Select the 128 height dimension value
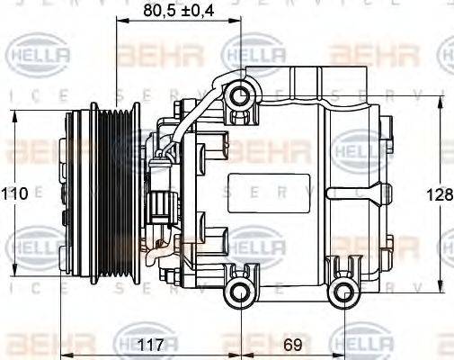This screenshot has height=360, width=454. [441, 194]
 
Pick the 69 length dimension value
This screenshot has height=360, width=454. [292, 342]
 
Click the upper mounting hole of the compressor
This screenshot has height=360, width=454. [238, 95]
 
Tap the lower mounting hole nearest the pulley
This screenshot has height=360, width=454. [238, 289]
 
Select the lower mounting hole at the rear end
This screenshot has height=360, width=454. [343, 290]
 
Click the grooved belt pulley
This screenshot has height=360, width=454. [114, 193]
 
